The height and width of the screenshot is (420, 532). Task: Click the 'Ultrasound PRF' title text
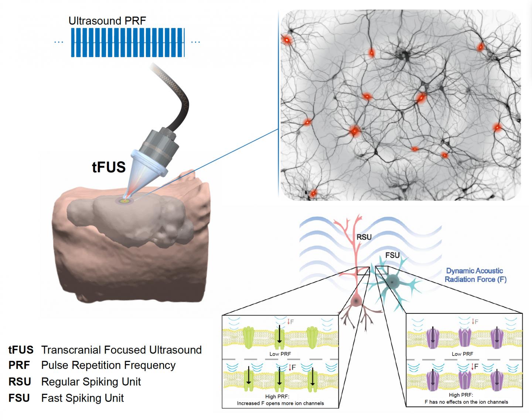coord(107,21)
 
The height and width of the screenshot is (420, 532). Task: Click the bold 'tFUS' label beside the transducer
coord(109,167)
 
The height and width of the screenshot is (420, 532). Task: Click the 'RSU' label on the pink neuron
coord(364,237)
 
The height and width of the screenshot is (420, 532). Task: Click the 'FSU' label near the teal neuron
coord(392,255)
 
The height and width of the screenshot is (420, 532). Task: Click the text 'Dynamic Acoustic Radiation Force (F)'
coord(475,275)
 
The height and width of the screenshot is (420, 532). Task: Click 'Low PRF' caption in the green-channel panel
coord(280,354)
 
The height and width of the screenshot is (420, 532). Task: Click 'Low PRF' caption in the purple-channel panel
coord(462,354)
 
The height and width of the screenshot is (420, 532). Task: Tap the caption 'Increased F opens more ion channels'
coord(280,403)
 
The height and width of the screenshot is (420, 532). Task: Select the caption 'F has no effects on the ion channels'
coord(466,401)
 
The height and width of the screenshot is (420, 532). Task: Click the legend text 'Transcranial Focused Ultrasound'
coord(121,350)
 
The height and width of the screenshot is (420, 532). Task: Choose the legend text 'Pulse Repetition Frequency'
coord(108,365)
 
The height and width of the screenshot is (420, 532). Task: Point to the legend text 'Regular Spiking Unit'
coord(91,382)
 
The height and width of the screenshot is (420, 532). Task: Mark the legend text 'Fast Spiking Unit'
coord(82,398)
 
